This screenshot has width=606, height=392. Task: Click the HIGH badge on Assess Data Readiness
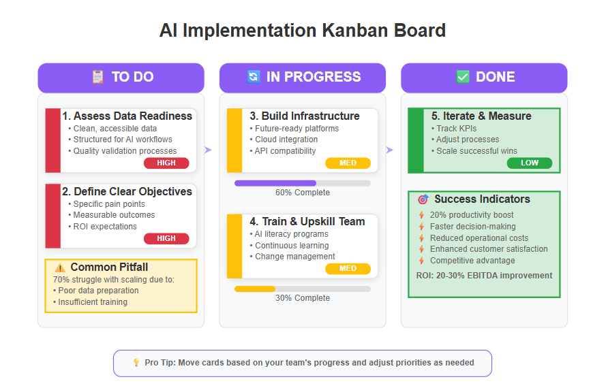166,163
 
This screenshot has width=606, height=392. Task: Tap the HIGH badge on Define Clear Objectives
166,238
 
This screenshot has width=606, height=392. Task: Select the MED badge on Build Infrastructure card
348,163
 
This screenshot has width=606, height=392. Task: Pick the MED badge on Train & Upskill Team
348,269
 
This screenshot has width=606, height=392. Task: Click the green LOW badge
530,163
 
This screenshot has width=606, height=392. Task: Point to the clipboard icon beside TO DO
97,77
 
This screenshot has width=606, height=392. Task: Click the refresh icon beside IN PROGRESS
254,77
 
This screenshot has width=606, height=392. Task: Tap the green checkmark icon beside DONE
463,77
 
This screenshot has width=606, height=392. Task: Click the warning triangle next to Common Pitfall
60,267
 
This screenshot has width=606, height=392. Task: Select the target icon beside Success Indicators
423,199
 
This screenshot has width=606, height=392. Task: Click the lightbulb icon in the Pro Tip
136,362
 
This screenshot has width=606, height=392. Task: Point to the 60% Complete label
303,193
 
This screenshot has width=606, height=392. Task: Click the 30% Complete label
303,298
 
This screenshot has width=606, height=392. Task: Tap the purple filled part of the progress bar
275,183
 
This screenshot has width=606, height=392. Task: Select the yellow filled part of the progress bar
255,289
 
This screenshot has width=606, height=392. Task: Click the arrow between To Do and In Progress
208,150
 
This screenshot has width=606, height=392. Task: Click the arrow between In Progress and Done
390,150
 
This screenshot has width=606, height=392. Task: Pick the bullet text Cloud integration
286,140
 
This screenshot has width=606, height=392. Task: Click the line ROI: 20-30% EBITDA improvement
484,276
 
